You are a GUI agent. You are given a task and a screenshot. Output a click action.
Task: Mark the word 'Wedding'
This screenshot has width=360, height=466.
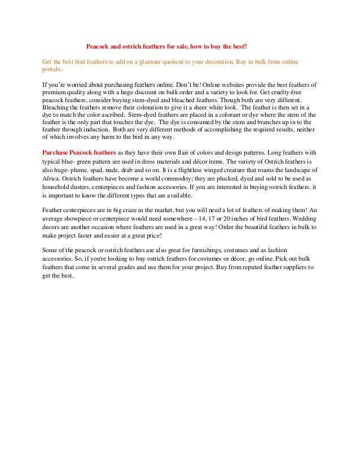[301, 219]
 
